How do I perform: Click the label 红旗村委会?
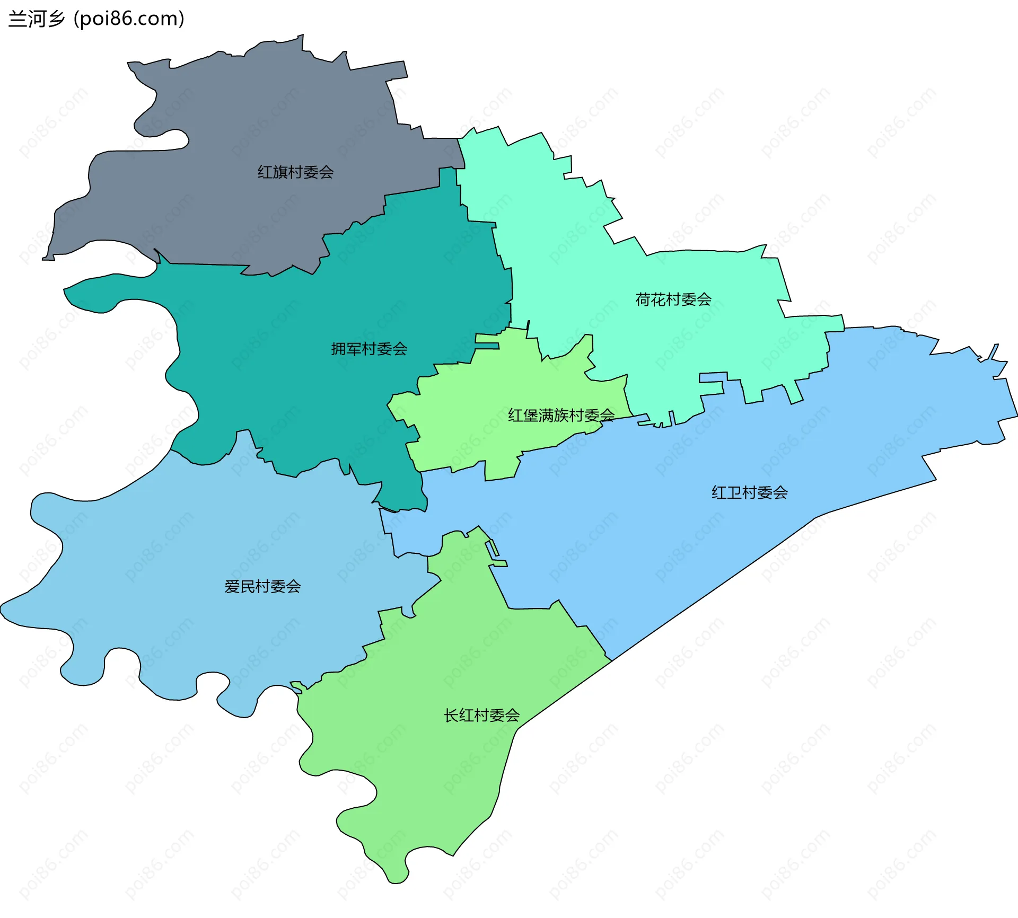click(295, 172)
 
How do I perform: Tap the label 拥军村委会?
click(369, 349)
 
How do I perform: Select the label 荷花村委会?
click(673, 300)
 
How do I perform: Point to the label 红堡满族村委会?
click(561, 415)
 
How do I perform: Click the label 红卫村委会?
click(749, 493)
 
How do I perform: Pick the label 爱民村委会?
click(262, 587)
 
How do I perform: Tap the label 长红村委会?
click(481, 716)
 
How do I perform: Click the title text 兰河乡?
click(37, 19)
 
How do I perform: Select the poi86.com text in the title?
click(129, 19)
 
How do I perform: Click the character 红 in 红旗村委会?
click(265, 172)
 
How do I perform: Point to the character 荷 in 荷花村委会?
click(643, 300)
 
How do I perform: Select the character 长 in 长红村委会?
click(451, 716)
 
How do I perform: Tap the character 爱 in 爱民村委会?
click(232, 587)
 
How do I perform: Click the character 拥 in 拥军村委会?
click(339, 349)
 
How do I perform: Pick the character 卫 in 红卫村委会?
click(734, 493)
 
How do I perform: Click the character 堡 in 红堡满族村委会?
click(531, 415)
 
